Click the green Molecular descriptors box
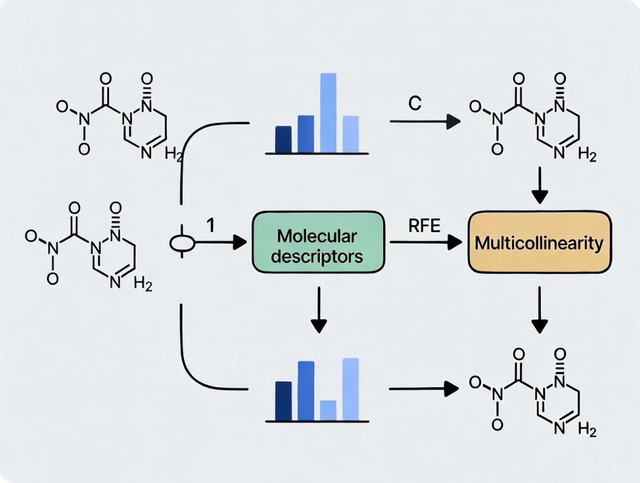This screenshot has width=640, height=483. [x=317, y=243]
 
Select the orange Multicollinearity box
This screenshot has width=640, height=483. [x=539, y=242]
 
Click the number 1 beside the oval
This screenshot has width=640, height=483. [x=210, y=225]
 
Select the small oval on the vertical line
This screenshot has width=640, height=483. [x=183, y=243]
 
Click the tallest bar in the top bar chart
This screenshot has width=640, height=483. [x=328, y=112]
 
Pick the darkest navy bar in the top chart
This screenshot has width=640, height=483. [x=283, y=139]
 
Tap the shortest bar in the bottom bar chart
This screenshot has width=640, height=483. [x=328, y=410]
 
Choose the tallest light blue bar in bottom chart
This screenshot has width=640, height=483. [x=350, y=389]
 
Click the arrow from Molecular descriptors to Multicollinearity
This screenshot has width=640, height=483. [x=426, y=243]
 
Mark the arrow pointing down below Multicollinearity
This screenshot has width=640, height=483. [x=540, y=311]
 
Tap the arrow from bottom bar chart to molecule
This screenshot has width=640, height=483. [x=423, y=389]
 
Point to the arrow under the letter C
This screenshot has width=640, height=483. [x=424, y=121]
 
